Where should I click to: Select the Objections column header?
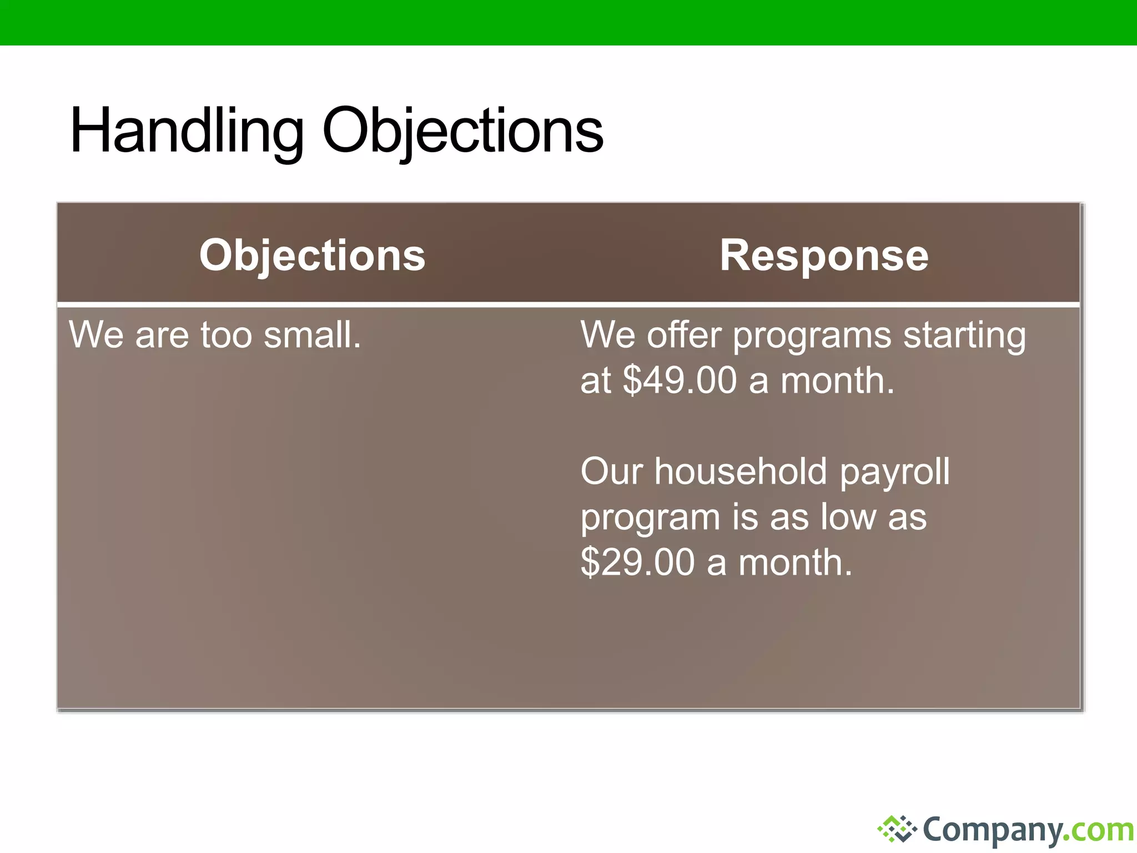(x=312, y=255)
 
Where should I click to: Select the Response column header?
(x=824, y=255)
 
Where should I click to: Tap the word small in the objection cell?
(x=312, y=335)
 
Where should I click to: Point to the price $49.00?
(x=680, y=381)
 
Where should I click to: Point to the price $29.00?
(x=637, y=563)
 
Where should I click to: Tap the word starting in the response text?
(x=964, y=336)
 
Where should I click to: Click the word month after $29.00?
(x=795, y=563)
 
